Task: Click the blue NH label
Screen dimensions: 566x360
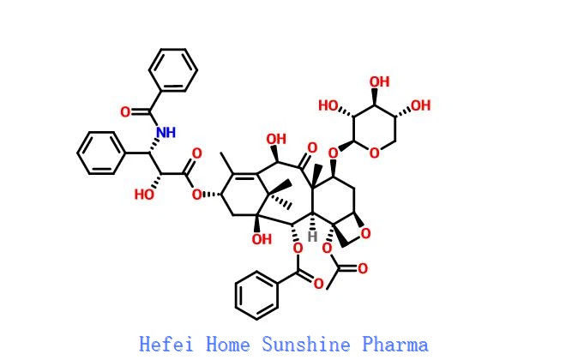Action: (x=166, y=132)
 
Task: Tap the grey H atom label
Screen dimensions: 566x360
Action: (x=312, y=237)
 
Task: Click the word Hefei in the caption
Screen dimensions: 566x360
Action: (x=166, y=344)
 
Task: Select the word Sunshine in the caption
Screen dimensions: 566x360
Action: (x=306, y=344)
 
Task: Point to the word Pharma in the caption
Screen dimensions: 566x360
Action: (x=395, y=344)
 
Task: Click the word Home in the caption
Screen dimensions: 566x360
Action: (x=228, y=344)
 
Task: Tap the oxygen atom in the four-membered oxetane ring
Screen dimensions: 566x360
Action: (x=365, y=234)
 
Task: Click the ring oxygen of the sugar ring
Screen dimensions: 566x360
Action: (x=375, y=153)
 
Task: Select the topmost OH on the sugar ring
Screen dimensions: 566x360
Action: (x=379, y=82)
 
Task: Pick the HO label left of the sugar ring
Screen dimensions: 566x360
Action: (x=328, y=105)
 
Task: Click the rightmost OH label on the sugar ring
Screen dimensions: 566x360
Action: (x=421, y=105)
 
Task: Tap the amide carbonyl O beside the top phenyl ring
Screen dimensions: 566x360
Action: (x=125, y=111)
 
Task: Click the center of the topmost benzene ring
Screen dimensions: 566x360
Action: (x=173, y=69)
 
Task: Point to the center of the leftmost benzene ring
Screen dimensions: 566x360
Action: (x=101, y=153)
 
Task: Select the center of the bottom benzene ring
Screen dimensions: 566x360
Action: (x=256, y=295)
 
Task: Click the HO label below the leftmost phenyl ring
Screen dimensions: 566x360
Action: (x=144, y=195)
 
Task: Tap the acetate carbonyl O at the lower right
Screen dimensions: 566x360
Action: (x=363, y=268)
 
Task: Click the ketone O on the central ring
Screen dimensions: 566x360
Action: (x=312, y=147)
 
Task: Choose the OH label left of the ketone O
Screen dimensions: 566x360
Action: (x=276, y=139)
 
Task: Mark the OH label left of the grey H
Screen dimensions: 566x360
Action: (x=262, y=239)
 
